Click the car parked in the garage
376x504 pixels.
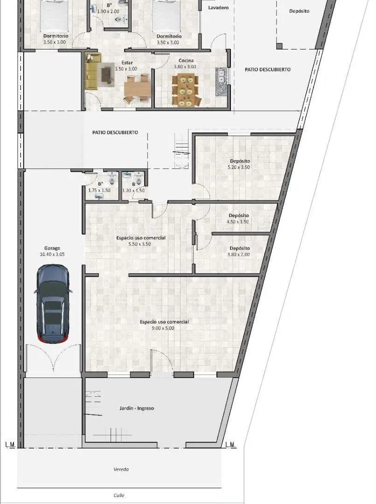point(53,304)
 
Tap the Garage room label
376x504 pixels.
point(52,248)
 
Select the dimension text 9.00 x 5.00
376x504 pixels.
point(163,328)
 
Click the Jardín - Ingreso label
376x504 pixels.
point(137,408)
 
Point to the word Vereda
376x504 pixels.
point(121,469)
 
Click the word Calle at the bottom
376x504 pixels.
point(119,495)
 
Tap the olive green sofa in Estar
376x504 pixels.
point(92,71)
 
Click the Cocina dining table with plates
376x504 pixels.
point(186,90)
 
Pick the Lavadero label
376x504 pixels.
point(218,7)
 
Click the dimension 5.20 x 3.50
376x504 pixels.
point(239,167)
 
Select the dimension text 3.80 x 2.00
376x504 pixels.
point(238,255)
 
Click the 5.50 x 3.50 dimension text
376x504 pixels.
point(140,244)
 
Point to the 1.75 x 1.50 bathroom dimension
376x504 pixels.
point(99,190)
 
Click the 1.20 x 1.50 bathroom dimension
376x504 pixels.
point(133,190)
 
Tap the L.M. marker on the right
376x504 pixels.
point(230,445)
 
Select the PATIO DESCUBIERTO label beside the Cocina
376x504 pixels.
point(268,70)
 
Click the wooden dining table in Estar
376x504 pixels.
point(137,89)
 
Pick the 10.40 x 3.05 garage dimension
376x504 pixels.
point(52,254)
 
